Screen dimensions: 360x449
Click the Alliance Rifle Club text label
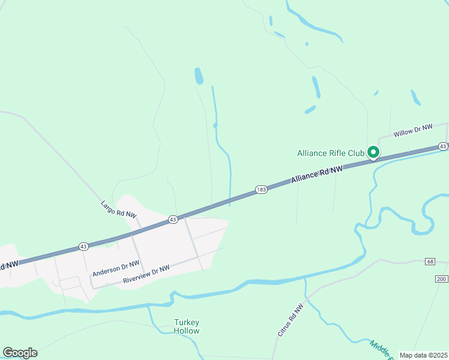pyautogui.click(x=331, y=153)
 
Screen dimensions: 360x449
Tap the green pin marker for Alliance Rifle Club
pyautogui.click(x=373, y=153)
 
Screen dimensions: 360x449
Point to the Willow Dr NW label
pyautogui.click(x=412, y=130)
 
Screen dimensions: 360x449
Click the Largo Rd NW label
pyautogui.click(x=118, y=209)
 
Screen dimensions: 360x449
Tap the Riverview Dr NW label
pyautogui.click(x=146, y=275)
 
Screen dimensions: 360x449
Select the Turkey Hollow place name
pyautogui.click(x=187, y=326)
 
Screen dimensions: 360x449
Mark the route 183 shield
pyautogui.click(x=261, y=189)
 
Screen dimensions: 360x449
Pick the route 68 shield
pyautogui.click(x=430, y=261)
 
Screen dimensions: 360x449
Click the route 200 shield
pyautogui.click(x=442, y=280)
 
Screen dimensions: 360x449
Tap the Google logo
pyautogui.click(x=20, y=353)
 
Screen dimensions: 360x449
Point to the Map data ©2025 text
pyautogui.click(x=423, y=355)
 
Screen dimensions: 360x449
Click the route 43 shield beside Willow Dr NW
pyautogui.click(x=443, y=146)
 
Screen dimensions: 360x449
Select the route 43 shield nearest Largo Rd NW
pyautogui.click(x=173, y=219)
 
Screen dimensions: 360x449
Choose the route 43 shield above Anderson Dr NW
pyautogui.click(x=83, y=246)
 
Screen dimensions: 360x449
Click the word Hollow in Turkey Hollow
pyautogui.click(x=187, y=331)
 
